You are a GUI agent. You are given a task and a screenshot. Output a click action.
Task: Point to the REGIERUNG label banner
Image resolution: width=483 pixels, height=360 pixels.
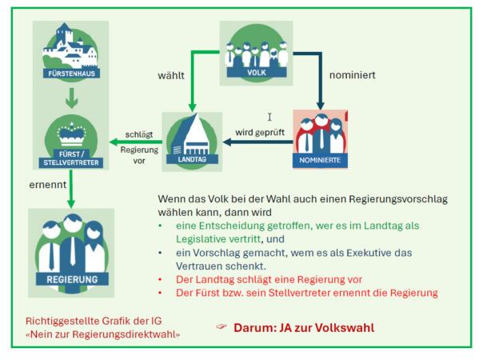[71, 279]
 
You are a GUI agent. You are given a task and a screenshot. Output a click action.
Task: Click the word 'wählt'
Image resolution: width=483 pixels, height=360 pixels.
[171, 77]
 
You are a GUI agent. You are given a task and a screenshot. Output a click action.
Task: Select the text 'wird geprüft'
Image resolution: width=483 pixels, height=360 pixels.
[260, 130]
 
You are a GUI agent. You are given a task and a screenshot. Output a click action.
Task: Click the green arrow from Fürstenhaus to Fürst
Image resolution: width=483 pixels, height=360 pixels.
[70, 98]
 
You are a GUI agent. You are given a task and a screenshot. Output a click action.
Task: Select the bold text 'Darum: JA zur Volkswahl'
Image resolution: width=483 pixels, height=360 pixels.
[304, 328]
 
